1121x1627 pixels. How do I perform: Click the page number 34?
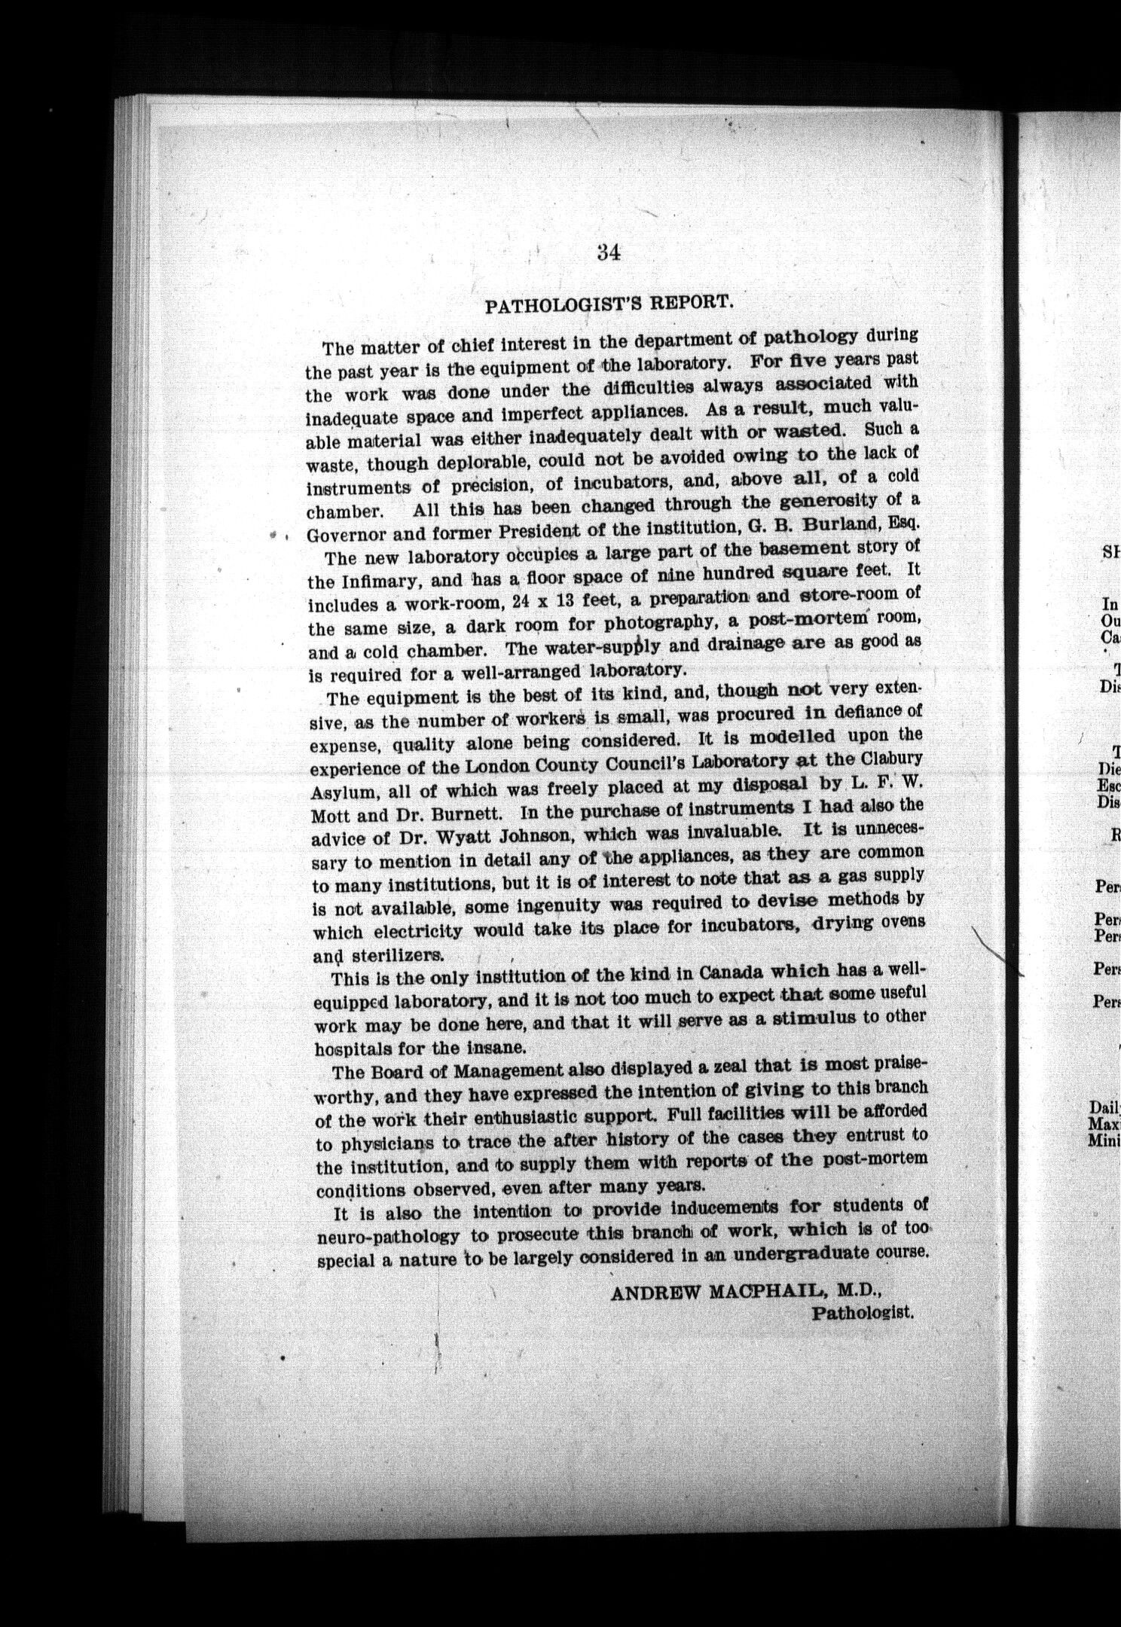point(608,253)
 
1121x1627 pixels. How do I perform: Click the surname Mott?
point(329,817)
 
